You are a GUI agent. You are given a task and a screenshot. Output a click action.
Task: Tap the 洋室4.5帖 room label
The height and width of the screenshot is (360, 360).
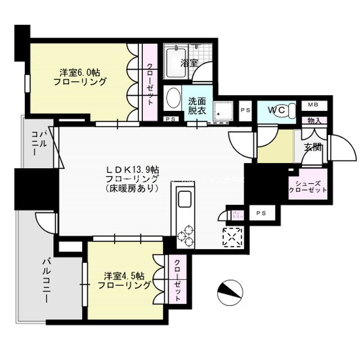(125, 281)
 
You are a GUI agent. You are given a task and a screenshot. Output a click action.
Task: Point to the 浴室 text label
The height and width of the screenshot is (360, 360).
(189, 63)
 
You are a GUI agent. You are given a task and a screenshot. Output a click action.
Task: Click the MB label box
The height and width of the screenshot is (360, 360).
(312, 105)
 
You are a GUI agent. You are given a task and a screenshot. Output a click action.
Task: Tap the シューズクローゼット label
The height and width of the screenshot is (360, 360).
(307, 186)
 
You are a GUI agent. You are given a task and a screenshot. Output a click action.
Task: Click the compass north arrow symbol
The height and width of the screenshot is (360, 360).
(229, 291)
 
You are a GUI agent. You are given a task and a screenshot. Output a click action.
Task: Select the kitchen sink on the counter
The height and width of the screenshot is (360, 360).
(184, 200)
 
